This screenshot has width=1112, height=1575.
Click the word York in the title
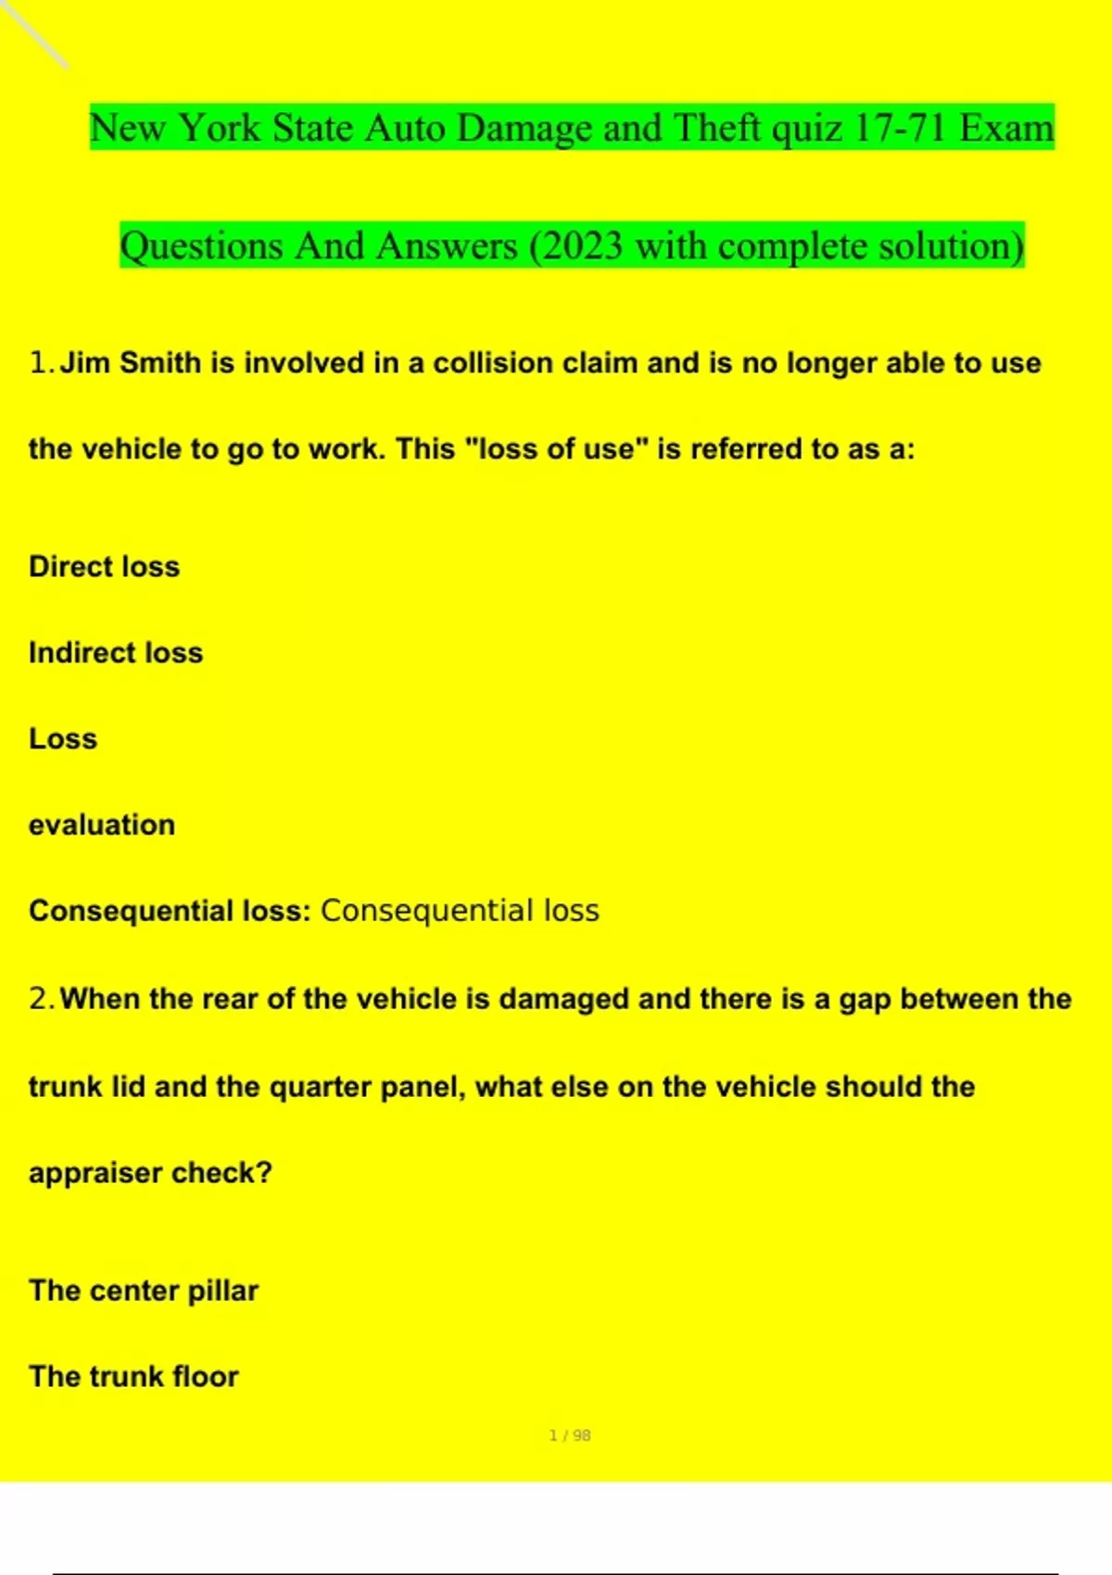coord(219,128)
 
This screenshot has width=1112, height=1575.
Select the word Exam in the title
coord(1006,128)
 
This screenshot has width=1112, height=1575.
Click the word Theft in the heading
coord(717,128)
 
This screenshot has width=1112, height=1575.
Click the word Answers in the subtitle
coord(447,246)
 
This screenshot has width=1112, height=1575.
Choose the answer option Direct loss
coord(105,566)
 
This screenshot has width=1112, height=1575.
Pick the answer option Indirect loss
coord(116,652)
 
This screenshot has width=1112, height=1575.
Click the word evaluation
coord(102,825)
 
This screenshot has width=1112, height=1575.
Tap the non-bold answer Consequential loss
coord(460,911)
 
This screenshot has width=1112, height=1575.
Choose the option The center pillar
coord(144,1291)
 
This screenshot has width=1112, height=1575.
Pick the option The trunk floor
coord(133,1377)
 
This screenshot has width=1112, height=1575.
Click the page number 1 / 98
coord(570,1435)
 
